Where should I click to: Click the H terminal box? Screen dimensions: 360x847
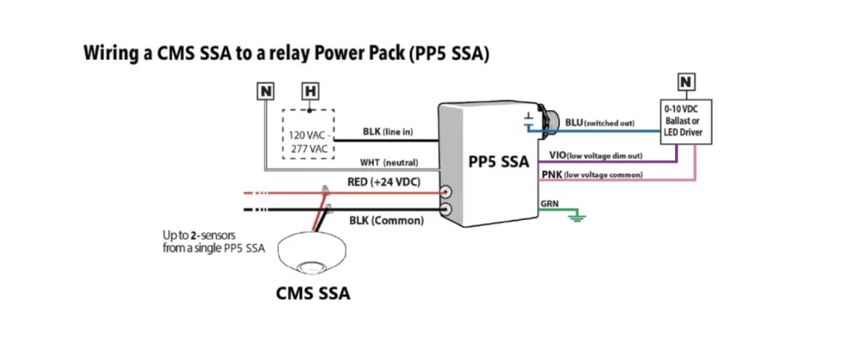pos(310,90)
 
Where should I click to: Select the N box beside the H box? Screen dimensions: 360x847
pos(266,90)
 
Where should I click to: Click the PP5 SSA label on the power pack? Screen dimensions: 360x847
pos(498,162)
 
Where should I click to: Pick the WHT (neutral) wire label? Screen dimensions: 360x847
pos(390,162)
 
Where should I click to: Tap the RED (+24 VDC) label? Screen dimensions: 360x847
pos(382,180)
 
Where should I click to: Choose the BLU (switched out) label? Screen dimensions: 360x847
pos(600,122)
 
